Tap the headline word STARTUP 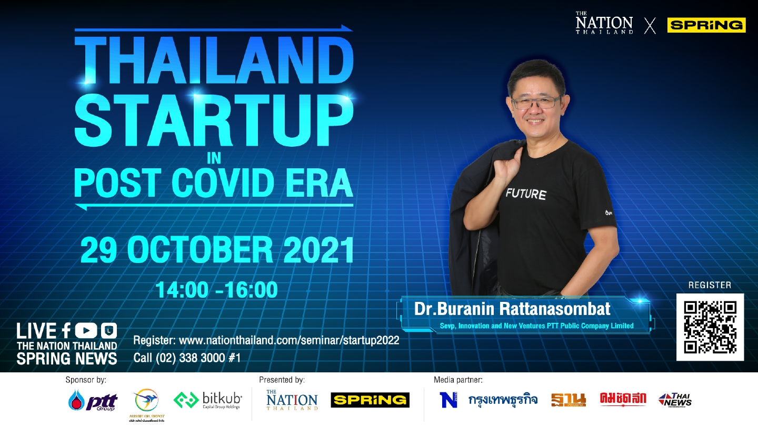[213, 118]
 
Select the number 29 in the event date [101, 251]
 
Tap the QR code [710, 327]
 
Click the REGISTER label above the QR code [710, 286]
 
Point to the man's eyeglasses [535, 102]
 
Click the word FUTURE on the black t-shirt [525, 193]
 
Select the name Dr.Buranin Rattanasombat [512, 309]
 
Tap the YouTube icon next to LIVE [86, 330]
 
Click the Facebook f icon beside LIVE [66, 330]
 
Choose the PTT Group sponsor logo [93, 401]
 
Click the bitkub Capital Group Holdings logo [208, 400]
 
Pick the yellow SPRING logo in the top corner [706, 25]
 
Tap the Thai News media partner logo [674, 400]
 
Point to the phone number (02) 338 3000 [192, 358]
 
